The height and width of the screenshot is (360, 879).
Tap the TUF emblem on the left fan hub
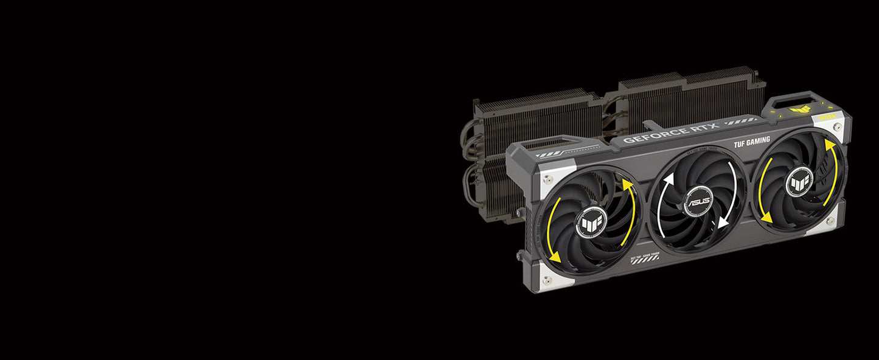(590, 221)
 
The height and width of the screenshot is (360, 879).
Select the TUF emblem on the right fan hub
(799, 181)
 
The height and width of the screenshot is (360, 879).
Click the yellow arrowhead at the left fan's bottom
(555, 258)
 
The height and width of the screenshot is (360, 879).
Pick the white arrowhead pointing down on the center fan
(723, 223)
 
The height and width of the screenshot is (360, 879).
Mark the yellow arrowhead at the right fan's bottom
(766, 216)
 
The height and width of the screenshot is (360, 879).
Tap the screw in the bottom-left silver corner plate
(546, 280)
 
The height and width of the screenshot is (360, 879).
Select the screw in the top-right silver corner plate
(838, 127)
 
